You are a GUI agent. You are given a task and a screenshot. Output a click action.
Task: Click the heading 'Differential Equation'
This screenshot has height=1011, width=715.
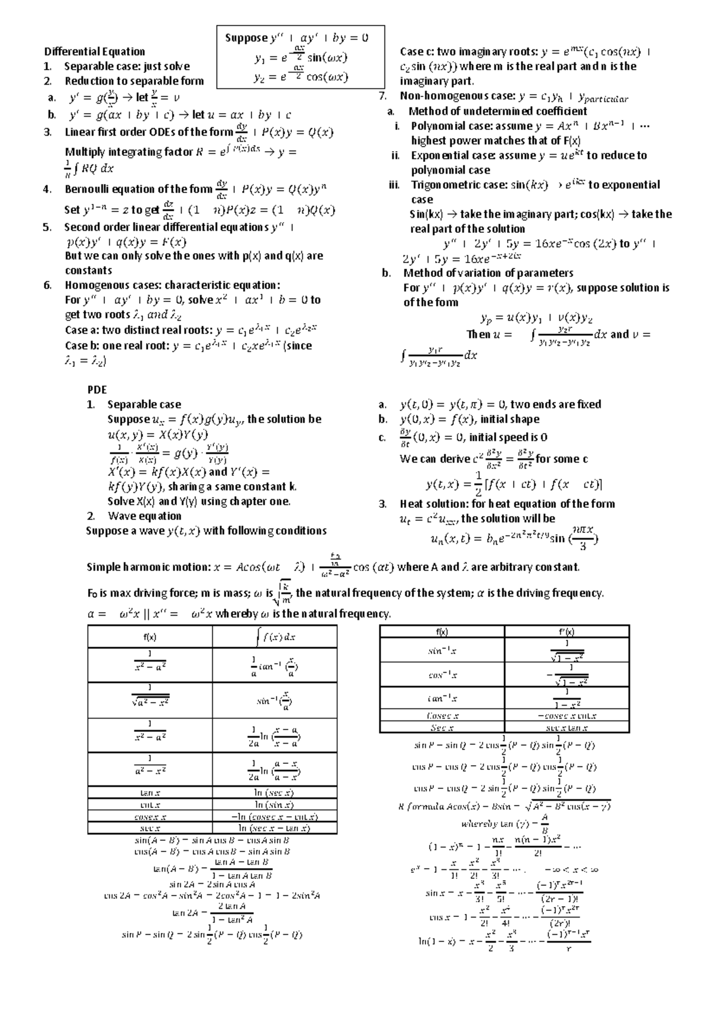95,52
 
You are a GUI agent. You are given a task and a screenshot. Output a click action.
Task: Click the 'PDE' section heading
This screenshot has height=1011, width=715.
97,390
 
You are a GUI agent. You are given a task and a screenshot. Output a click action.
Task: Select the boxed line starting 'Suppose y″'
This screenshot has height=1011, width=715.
296,38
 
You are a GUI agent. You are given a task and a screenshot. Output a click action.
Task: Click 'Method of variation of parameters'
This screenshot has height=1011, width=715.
488,273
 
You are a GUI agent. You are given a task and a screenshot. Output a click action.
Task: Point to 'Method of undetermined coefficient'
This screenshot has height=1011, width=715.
498,111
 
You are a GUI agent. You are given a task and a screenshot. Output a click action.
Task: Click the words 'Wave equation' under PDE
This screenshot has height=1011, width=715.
144,516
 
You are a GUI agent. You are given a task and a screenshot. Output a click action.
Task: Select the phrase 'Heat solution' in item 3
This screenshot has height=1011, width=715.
433,504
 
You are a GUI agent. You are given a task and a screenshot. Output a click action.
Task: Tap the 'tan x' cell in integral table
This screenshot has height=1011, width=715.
150,793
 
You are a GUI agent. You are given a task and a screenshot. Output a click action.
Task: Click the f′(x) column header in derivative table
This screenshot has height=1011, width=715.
566,632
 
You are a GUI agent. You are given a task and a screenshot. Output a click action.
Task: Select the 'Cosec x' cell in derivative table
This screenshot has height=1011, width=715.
442,716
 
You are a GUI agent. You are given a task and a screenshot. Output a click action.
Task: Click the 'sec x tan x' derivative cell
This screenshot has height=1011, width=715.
567,728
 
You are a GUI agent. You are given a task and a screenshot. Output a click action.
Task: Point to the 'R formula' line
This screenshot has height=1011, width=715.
503,807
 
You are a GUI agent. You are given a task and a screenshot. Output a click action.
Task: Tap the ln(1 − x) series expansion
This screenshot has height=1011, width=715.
503,941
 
